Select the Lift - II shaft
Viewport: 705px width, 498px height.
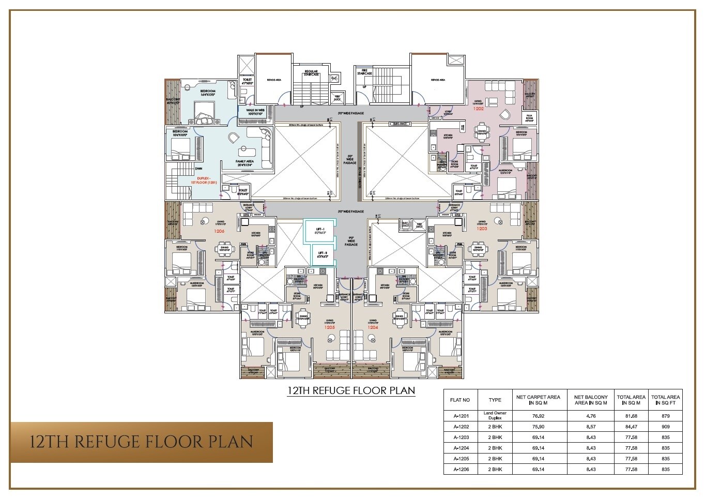(321, 254)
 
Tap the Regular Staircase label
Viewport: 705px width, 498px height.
(311, 73)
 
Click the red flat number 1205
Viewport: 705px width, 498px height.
(329, 327)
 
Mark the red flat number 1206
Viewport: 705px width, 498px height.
(219, 231)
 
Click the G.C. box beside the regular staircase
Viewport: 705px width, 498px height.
(334, 78)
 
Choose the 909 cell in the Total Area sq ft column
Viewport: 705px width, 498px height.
(665, 427)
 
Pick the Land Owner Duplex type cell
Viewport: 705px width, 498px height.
(495, 415)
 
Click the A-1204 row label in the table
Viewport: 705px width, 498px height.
(460, 448)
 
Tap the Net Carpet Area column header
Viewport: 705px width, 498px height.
(538, 400)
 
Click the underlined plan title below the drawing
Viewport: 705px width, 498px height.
(351, 390)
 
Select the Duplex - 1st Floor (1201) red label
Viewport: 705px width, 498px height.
(199, 180)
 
